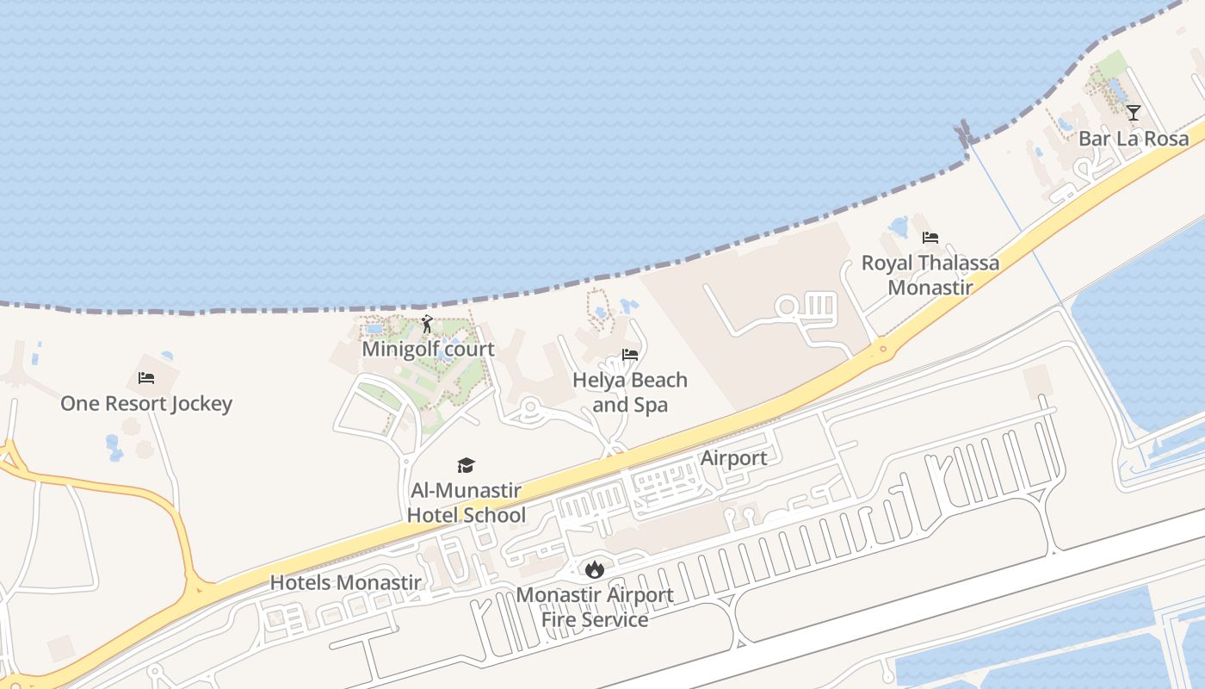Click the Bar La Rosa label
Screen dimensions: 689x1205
pos(1134,139)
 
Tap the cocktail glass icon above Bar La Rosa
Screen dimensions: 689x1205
pos(1134,113)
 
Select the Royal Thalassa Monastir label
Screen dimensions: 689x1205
pos(930,275)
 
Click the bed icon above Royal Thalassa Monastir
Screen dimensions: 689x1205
pos(930,238)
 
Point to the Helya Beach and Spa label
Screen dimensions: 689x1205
pos(630,392)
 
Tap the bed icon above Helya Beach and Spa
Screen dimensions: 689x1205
pos(630,354)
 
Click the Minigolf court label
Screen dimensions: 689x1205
pos(428,349)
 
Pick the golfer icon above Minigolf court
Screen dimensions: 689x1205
pos(427,325)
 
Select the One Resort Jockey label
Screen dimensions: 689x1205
pos(146,403)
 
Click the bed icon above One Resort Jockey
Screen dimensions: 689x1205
pos(146,378)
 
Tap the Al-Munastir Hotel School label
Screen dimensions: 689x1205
pos(466,503)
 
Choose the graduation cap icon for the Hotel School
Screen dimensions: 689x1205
pos(466,466)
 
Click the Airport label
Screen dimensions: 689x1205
pos(733,458)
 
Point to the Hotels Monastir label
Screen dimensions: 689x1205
pos(346,582)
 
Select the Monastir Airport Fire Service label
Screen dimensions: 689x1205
pos(595,607)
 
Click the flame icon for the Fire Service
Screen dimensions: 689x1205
pos(594,569)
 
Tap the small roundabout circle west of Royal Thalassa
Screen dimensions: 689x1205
pos(786,307)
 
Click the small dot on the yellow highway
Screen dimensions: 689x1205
pos(881,351)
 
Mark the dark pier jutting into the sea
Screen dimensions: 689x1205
pos(962,133)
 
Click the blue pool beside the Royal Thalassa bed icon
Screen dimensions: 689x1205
pos(899,227)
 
